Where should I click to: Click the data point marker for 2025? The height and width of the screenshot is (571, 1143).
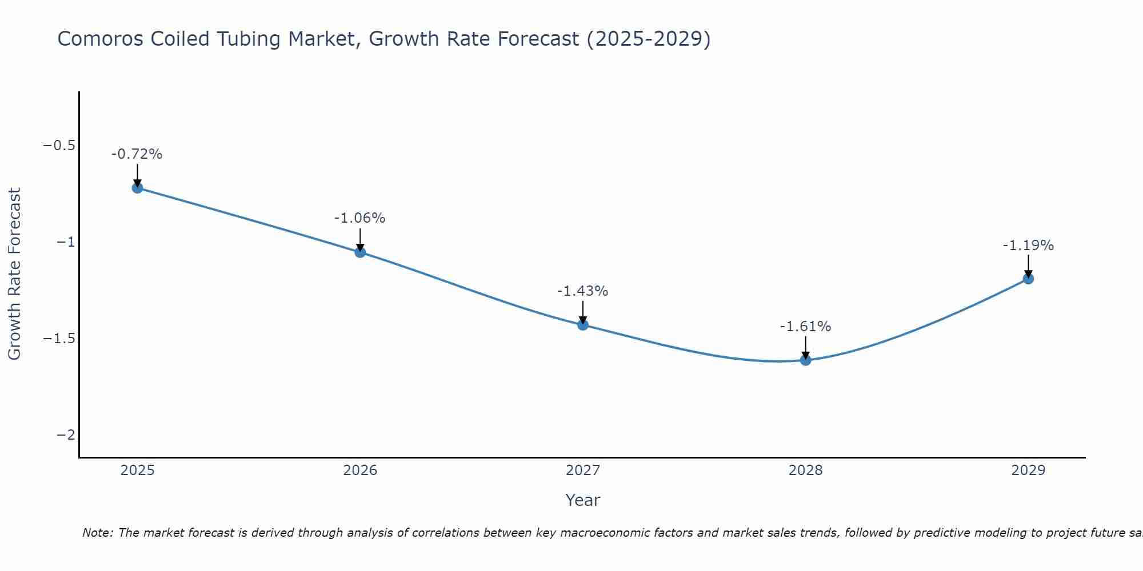(x=137, y=187)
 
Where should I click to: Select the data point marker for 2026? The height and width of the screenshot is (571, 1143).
(x=360, y=252)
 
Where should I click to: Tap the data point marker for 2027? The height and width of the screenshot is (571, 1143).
(x=583, y=325)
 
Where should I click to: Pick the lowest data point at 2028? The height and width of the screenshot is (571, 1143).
(x=805, y=360)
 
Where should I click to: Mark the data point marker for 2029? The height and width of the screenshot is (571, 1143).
(x=1028, y=279)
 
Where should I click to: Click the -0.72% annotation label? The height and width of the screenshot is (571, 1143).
(x=137, y=154)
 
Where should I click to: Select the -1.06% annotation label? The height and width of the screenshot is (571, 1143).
(x=359, y=218)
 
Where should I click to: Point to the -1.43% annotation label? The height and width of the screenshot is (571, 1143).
(x=582, y=291)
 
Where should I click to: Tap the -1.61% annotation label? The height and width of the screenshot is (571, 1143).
(x=805, y=327)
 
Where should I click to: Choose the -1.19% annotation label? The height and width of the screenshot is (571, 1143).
(x=1028, y=246)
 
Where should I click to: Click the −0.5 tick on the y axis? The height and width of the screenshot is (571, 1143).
(x=59, y=146)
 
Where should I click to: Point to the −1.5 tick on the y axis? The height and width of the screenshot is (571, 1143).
(x=59, y=339)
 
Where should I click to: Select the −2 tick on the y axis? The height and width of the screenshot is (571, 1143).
(x=66, y=435)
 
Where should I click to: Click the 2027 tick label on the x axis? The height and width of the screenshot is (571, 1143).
(x=582, y=471)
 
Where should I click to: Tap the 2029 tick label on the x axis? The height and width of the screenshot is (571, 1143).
(x=1028, y=471)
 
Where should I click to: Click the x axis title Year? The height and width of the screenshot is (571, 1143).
(x=582, y=500)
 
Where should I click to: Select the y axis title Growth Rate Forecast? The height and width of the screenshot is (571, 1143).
(x=14, y=274)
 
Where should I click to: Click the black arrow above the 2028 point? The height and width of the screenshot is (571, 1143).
(x=805, y=347)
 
